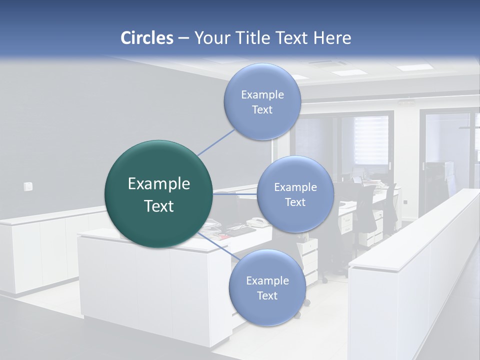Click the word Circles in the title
click(146, 38)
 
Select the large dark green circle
click(159, 194)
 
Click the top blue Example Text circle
click(262, 101)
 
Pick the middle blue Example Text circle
click(295, 194)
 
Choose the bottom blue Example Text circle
click(267, 287)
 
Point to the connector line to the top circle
click(216, 141)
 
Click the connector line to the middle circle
click(235, 194)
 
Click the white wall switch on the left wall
click(28, 186)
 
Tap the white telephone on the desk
click(257, 222)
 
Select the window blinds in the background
click(371, 140)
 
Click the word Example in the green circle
click(159, 183)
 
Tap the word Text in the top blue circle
click(262, 110)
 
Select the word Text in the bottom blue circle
click(267, 295)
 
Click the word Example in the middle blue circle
click(295, 187)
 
